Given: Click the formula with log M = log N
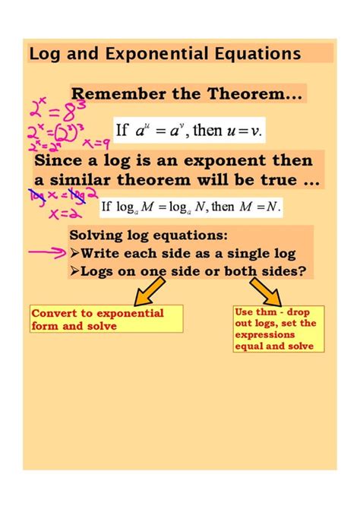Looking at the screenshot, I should [x=192, y=205].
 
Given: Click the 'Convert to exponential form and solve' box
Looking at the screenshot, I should [x=106, y=320].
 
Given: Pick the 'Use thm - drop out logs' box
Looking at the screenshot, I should [x=278, y=328].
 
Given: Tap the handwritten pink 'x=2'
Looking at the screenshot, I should [x=57, y=215].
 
